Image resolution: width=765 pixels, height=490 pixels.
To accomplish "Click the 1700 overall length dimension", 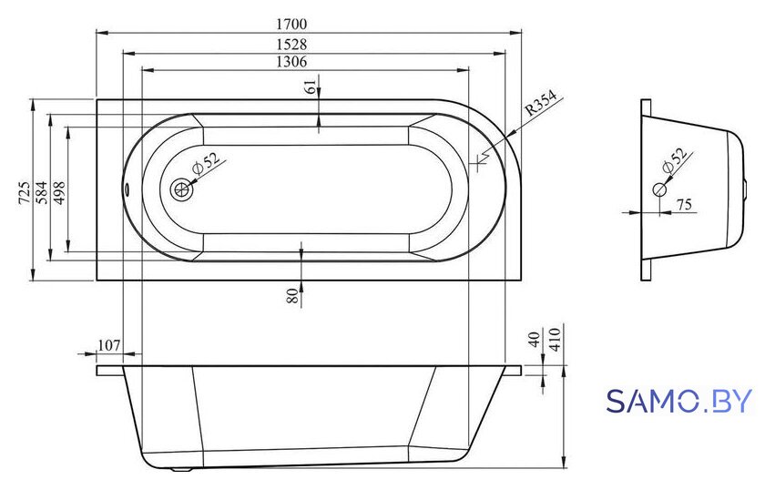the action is point(291,24).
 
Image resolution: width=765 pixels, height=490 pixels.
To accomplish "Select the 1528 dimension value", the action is point(291,45).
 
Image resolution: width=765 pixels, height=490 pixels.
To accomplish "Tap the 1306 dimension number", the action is point(291,62).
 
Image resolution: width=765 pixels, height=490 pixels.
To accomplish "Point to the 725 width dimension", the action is point(25,192).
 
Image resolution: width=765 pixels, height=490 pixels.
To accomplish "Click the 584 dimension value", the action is point(42,192).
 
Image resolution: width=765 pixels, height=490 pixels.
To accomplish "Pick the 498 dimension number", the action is point(58,192).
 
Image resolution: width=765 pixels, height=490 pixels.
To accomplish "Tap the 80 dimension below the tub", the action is point(292,295).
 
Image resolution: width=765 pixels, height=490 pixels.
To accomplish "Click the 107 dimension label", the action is point(108,345).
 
